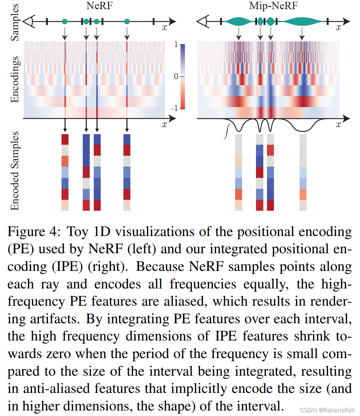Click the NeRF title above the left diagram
(100, 7)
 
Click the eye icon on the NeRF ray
(29, 22)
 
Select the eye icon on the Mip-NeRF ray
(203, 22)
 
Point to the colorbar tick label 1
(176, 45)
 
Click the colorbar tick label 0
(176, 77)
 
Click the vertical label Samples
(15, 23)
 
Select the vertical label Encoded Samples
(15, 171)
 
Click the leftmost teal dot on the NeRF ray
(65, 22)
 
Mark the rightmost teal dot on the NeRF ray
(127, 22)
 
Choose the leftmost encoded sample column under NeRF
(65, 172)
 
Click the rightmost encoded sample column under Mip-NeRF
(303, 172)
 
